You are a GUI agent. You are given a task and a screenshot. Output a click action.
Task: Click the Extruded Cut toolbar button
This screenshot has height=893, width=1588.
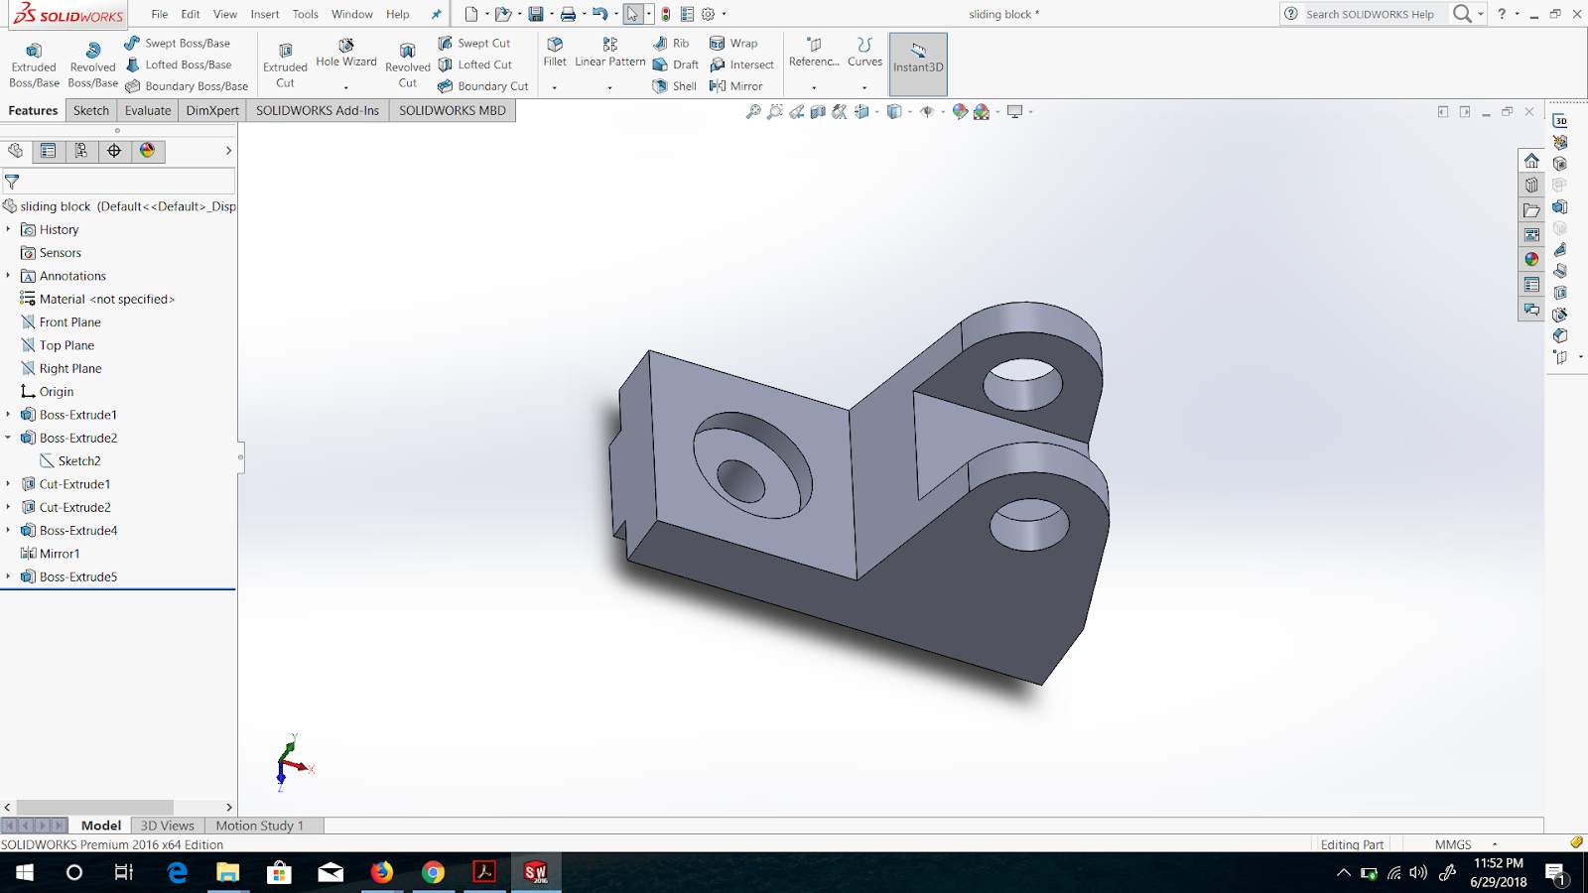[285, 64]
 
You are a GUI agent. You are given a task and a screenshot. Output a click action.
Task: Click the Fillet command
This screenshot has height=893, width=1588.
[555, 52]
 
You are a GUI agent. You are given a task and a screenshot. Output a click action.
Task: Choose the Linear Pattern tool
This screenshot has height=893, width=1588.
[609, 52]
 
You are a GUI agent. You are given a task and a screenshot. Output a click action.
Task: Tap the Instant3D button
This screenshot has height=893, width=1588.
[918, 59]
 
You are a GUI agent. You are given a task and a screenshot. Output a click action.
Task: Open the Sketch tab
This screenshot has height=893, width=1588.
[91, 110]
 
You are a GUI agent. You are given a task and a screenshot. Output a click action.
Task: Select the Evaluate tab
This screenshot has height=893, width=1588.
[148, 110]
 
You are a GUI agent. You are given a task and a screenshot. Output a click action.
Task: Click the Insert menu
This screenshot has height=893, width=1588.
[265, 14]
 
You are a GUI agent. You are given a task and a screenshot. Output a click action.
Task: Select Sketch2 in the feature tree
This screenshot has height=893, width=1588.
[79, 461]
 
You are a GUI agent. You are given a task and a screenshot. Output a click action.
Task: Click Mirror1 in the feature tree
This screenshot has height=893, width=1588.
[60, 554]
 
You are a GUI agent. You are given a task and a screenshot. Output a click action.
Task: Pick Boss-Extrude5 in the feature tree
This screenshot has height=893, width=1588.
[78, 576]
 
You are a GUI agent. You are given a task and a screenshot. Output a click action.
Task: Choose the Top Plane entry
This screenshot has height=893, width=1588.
[66, 345]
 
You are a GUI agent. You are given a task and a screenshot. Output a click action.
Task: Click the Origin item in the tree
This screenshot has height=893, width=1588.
[57, 392]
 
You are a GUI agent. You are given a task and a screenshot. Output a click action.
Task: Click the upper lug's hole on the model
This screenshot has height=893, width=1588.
[1022, 381]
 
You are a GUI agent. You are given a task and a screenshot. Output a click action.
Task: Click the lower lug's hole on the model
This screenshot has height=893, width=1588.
[1029, 523]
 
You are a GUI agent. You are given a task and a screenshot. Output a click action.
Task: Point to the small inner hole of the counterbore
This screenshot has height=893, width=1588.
[740, 481]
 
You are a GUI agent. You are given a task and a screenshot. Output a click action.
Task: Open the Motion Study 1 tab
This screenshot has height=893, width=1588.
[259, 826]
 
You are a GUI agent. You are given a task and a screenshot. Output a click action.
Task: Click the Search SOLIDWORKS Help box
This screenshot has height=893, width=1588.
[1370, 14]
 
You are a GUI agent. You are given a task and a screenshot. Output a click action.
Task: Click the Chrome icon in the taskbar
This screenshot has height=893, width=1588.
[433, 872]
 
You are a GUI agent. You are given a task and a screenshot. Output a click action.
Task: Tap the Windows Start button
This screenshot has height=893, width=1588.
[24, 872]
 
